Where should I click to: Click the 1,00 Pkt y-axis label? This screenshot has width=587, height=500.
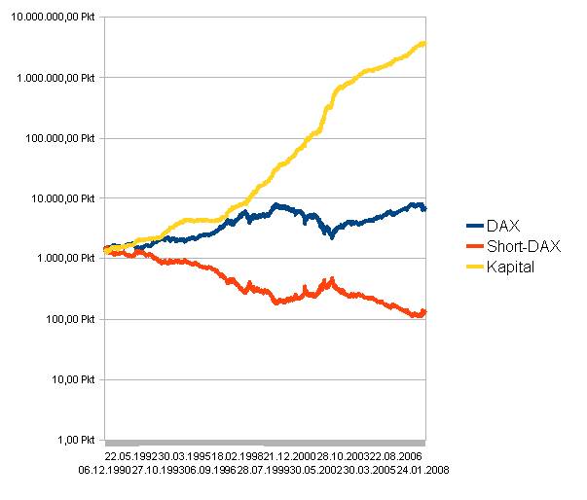coord(77,440)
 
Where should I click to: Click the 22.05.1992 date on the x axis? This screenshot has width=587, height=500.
coord(129,454)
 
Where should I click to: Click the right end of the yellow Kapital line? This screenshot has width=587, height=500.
coord(424,43)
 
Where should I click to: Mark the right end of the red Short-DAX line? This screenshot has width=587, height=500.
coord(424,311)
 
